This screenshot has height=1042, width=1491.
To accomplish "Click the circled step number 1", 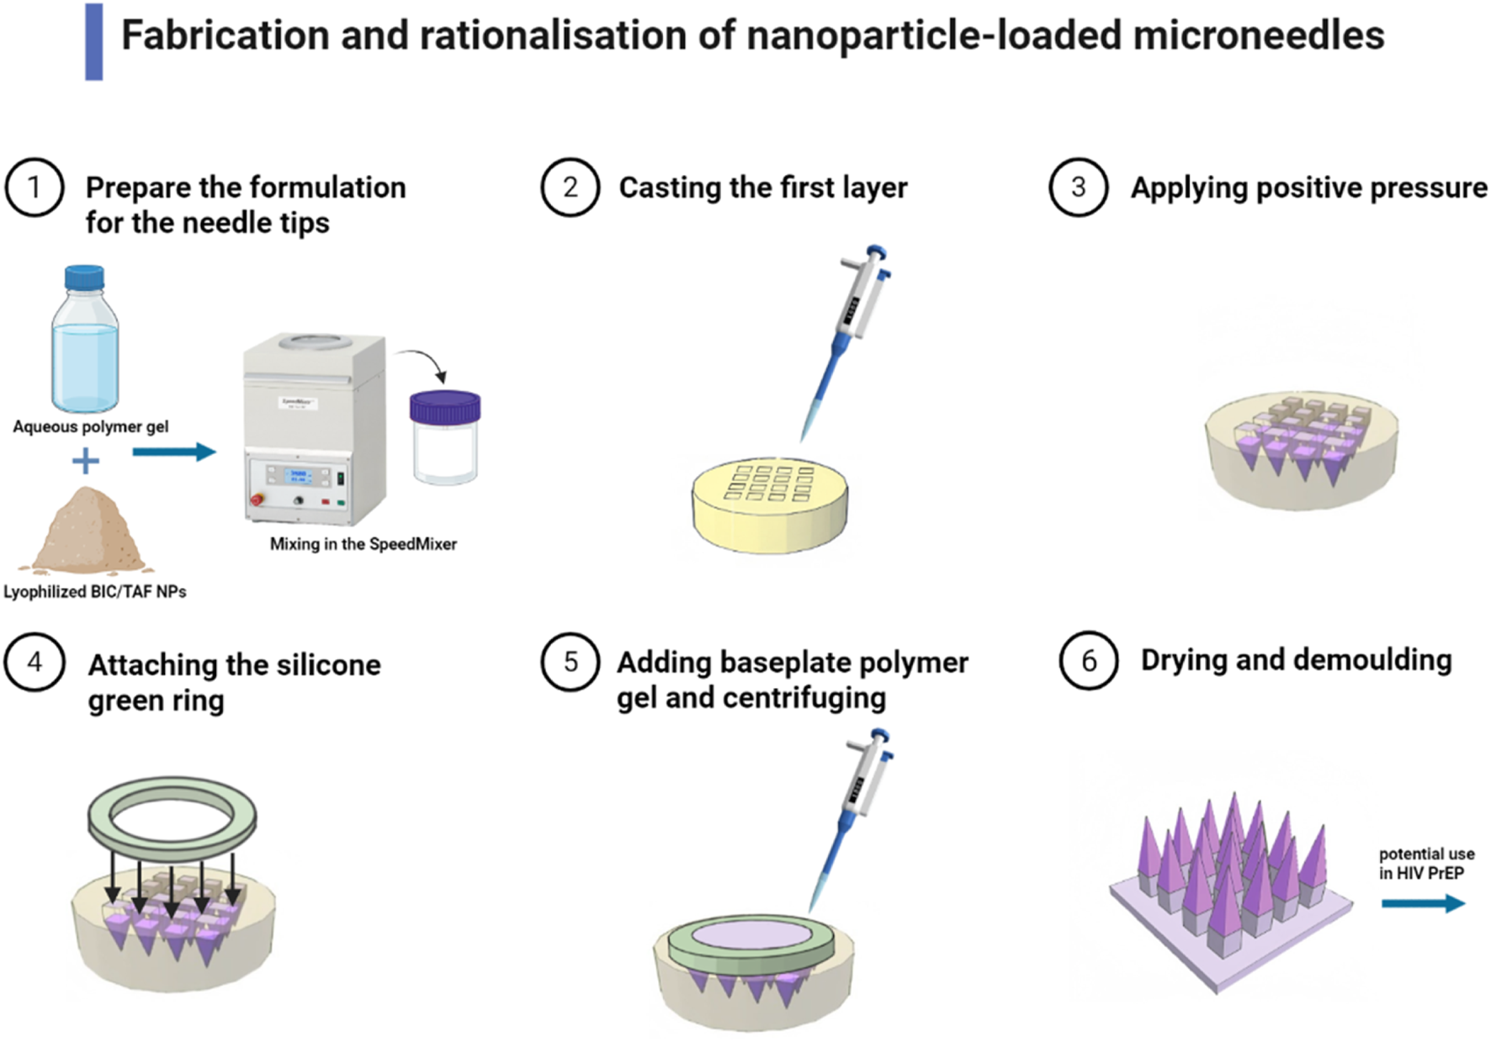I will (34, 187).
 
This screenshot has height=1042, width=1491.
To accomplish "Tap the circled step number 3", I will (1078, 187).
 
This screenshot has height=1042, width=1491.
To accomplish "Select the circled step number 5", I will (570, 662).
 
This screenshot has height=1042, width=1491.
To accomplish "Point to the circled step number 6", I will (1088, 661).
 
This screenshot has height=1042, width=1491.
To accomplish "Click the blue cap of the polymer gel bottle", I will (84, 278).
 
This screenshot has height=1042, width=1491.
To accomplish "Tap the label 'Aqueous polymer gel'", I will (90, 426).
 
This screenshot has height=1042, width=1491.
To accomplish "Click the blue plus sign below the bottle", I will (85, 461).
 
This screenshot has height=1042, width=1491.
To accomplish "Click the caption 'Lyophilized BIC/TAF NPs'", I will (94, 592).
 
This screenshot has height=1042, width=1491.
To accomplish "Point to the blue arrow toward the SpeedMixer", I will (174, 452).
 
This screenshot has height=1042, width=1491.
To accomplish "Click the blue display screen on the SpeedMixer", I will (298, 476).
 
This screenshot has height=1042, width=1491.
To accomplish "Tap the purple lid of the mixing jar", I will (445, 407).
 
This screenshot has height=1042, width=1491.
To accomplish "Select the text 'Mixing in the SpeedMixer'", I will (363, 544).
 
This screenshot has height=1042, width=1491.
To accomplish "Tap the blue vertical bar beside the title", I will (94, 41).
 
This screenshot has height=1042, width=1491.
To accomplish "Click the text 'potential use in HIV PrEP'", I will (1426, 864).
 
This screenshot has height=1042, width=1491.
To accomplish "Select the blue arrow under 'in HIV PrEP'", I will (1423, 903).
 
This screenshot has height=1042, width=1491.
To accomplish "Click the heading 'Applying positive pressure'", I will (1308, 188).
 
